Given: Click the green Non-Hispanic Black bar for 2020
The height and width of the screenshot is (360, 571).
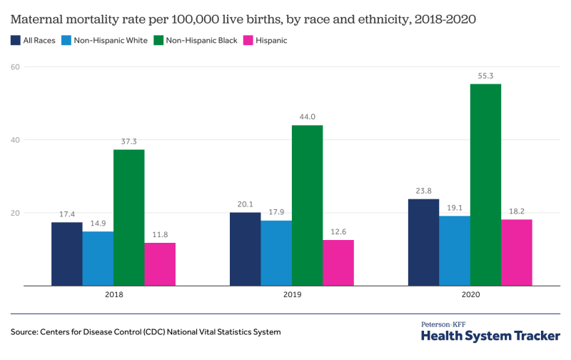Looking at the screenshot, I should (x=485, y=185).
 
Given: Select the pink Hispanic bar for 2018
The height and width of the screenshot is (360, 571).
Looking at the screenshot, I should (x=160, y=264).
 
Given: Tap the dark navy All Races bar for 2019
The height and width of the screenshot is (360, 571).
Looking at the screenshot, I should (x=245, y=249).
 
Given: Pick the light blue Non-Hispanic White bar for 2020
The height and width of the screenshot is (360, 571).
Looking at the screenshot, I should (x=455, y=251).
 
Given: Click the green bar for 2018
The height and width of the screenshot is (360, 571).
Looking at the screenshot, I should (x=128, y=218).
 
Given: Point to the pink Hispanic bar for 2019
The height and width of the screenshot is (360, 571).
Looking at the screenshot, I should (x=338, y=263).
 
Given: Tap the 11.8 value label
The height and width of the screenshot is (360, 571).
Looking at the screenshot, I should (x=160, y=234).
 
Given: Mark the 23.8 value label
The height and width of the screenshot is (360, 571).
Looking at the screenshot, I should (x=423, y=190).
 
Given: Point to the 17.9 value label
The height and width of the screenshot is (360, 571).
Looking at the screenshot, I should (x=276, y=211).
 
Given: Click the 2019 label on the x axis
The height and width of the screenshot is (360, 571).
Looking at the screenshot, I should (x=292, y=294).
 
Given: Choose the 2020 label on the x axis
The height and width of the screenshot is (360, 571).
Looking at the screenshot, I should (x=470, y=294).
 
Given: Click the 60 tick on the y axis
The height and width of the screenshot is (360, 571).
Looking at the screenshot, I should (x=16, y=66).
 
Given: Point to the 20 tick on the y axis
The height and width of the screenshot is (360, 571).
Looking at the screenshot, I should (x=16, y=213).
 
